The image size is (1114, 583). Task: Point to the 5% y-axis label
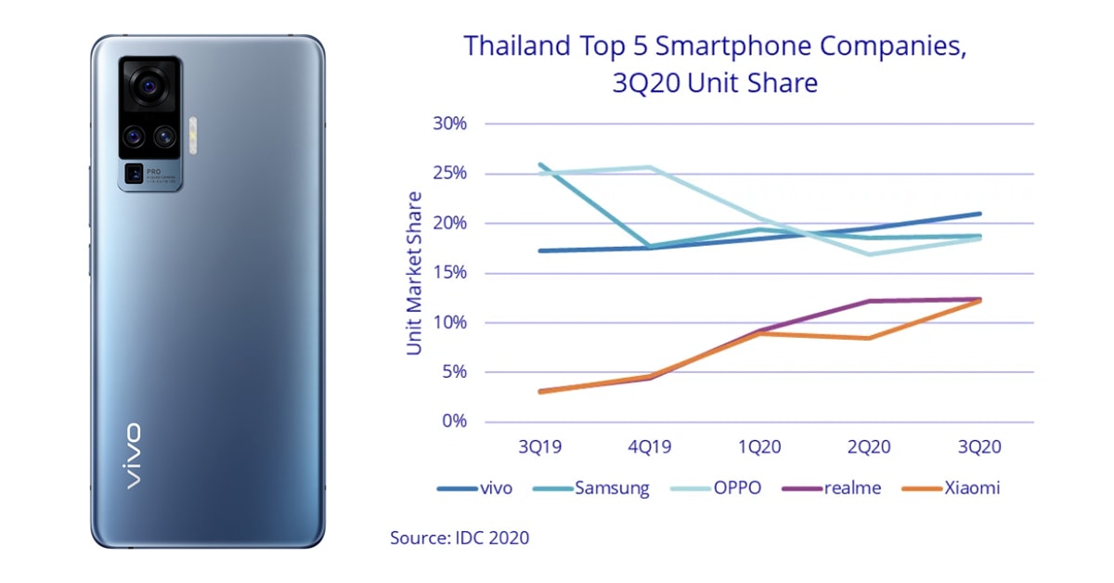[451, 372]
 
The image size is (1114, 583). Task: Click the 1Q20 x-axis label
[759, 447]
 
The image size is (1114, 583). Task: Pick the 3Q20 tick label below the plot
[979, 447]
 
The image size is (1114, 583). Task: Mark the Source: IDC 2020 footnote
[460, 537]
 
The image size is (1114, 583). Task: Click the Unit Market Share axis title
[414, 273]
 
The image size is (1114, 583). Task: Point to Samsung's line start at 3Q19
[540, 164]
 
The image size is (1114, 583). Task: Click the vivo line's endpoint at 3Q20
[979, 214]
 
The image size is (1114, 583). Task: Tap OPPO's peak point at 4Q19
[650, 167]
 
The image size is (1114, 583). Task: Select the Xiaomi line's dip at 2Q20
[869, 338]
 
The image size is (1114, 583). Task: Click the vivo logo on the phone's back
[133, 455]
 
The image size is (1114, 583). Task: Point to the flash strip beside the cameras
[193, 136]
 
